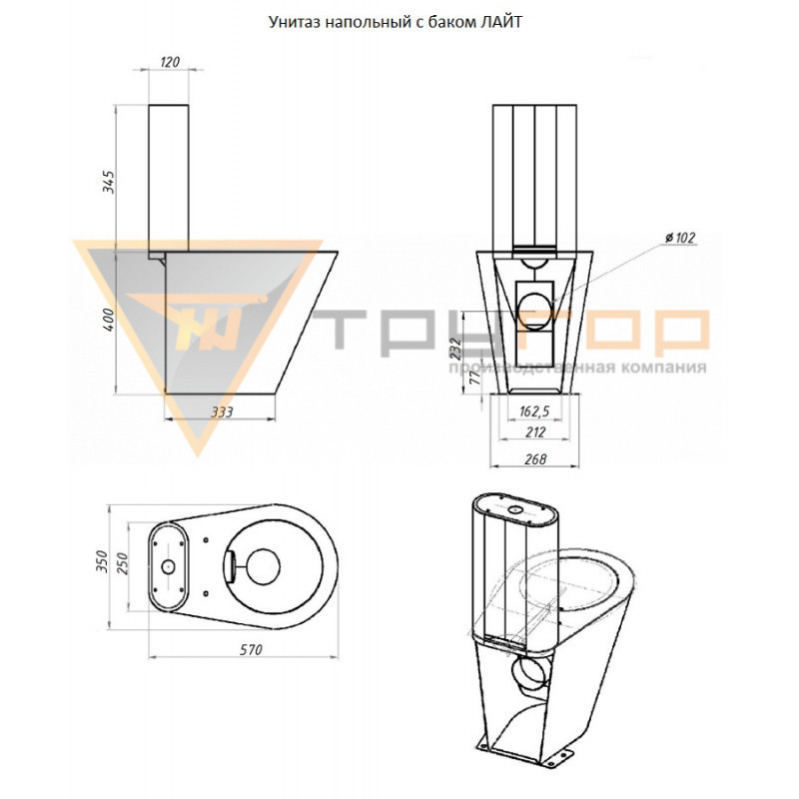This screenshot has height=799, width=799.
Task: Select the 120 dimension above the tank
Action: point(170,62)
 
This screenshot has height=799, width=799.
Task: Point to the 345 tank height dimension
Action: point(110,182)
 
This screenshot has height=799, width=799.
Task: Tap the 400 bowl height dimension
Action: point(110,320)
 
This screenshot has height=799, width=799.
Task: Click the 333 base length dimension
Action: point(222,411)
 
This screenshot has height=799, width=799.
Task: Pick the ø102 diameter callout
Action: point(680,238)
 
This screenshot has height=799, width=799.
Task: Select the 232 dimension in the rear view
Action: point(456,348)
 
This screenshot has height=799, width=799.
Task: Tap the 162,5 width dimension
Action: point(534,411)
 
